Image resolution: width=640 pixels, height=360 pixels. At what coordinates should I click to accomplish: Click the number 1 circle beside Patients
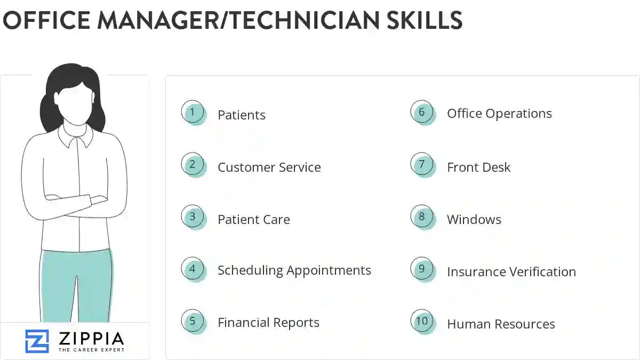193,113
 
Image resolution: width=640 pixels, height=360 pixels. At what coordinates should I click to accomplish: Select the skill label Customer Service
269,167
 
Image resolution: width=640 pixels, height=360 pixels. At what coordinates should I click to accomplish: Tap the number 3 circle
193,217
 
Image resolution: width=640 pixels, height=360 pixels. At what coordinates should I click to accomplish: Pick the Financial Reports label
268,323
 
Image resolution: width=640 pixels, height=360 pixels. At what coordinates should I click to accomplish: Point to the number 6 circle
422,112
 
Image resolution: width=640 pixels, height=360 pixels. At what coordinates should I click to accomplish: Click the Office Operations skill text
499,114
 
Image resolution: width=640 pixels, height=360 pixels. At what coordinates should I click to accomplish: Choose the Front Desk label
478,167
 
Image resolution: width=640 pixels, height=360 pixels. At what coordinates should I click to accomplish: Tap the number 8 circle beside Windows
422,217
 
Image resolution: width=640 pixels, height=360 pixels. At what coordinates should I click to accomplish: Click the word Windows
474,219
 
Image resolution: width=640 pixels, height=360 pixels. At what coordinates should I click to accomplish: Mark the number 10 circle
422,321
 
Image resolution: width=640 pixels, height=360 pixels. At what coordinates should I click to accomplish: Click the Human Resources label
501,324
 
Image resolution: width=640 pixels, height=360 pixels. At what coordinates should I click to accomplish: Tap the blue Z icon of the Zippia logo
37,341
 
